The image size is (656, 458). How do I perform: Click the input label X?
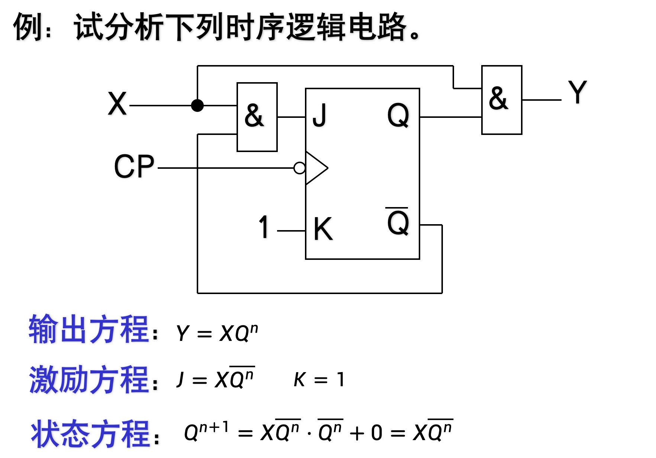coord(117,104)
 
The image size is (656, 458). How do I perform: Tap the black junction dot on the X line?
coord(197,106)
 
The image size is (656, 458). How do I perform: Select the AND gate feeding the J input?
coord(257,117)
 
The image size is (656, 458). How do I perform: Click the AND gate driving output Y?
coord(501,100)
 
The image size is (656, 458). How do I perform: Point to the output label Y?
coord(577,93)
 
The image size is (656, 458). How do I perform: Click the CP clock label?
coord(134,167)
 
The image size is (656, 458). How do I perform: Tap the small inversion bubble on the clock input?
coord(299,168)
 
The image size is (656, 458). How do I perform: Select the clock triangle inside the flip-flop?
coord(316,168)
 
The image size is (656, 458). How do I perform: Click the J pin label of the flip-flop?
coord(319,115)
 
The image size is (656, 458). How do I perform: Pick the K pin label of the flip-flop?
coord(322,229)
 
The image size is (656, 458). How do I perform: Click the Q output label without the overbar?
coord(398,115)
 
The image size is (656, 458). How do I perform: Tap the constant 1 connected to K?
coord(264,227)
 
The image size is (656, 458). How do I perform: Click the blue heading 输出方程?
coord(89,329)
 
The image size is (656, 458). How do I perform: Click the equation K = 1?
coord(319,380)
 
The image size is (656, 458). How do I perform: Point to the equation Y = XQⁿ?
coord(217,333)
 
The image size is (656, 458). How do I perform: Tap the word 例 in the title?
coord(27,27)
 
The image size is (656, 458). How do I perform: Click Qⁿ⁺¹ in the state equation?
coord(206,431)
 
